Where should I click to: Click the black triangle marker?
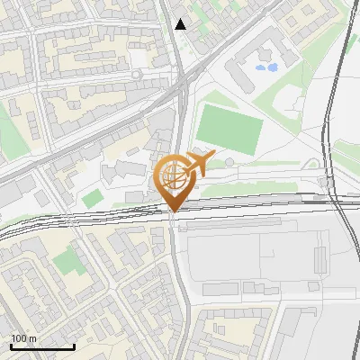pos(181,24)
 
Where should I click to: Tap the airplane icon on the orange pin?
pos(199,164)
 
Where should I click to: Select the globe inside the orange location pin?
pos(173,175)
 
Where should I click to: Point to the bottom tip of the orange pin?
pos(173,211)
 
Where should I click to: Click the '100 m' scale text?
pos(23,338)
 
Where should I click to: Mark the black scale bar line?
pos(41,347)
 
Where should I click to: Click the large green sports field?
pos(229,129)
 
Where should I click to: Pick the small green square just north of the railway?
pos(92,197)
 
